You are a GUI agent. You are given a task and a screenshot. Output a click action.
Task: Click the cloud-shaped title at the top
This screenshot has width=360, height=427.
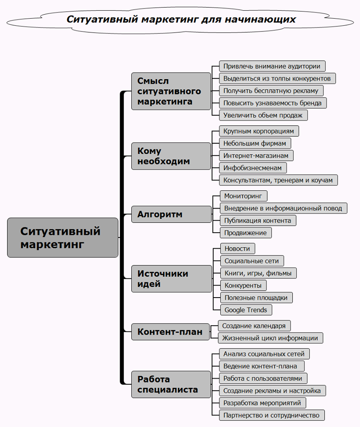click(x=181, y=20)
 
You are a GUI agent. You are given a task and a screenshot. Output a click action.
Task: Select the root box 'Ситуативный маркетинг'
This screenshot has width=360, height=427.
click(x=63, y=238)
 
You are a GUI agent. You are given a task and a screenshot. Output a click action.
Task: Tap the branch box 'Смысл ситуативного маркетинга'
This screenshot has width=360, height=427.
click(x=171, y=91)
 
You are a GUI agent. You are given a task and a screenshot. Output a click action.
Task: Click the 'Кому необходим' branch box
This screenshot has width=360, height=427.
click(x=171, y=156)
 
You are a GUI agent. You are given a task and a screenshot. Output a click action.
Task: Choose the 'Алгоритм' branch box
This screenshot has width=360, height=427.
click(x=171, y=214)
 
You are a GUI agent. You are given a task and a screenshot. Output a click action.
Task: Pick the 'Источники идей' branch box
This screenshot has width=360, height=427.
click(x=171, y=278)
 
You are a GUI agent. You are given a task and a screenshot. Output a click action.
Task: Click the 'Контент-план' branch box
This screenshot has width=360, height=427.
click(x=170, y=332)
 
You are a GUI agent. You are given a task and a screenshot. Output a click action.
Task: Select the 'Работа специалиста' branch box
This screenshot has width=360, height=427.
click(x=171, y=384)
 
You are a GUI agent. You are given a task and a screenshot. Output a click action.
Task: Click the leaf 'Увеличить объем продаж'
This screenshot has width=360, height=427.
click(x=263, y=115)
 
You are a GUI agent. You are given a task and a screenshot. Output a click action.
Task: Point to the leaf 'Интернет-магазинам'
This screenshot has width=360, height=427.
click(x=256, y=156)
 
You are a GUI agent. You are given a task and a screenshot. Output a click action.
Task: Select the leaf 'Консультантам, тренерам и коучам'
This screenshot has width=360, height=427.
click(x=279, y=180)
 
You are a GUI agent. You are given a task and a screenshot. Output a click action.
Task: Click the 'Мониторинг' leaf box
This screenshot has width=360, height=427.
click(x=244, y=196)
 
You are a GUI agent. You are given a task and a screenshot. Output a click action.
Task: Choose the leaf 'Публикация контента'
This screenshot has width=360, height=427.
click(x=258, y=220)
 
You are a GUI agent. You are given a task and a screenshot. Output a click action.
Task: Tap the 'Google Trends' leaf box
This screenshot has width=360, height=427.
click(x=246, y=310)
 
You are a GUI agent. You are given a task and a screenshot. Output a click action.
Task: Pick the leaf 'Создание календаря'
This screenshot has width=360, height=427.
click(x=255, y=326)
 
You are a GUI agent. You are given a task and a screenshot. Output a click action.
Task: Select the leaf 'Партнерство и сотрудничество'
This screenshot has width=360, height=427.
click(x=272, y=415)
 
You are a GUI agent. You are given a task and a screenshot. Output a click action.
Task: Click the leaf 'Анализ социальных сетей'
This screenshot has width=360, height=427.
click(x=264, y=354)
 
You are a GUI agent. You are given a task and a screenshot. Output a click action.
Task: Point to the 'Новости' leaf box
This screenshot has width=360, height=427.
click(x=238, y=249)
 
